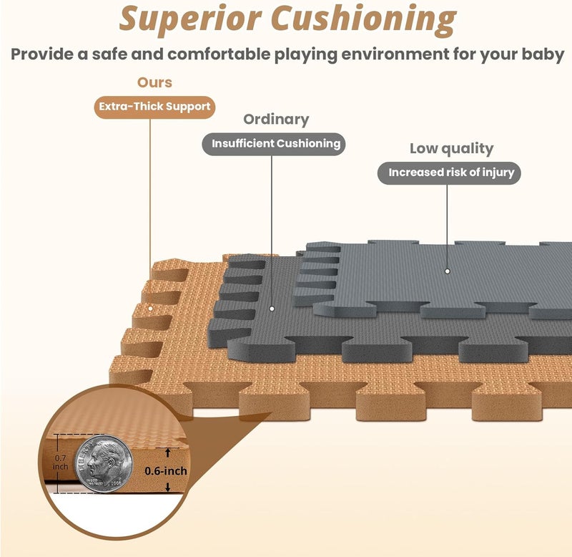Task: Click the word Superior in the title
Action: click(x=190, y=19)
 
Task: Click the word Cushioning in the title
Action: click(x=364, y=21)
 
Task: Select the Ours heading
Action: click(x=154, y=82)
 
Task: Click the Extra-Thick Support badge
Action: click(x=154, y=107)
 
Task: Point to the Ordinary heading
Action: click(x=276, y=120)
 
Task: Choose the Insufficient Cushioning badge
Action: click(x=274, y=144)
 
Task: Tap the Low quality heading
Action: click(x=452, y=149)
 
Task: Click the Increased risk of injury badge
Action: click(x=449, y=173)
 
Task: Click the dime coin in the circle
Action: click(x=104, y=464)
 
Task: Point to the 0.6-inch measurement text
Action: click(x=166, y=471)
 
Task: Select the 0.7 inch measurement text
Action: click(x=61, y=462)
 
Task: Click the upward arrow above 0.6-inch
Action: click(x=168, y=453)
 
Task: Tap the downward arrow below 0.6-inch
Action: click(x=168, y=487)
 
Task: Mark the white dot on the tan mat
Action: click(x=150, y=309)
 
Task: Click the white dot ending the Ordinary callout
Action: click(x=272, y=309)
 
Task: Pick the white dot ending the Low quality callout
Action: click(x=448, y=271)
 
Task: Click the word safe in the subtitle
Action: click(x=109, y=54)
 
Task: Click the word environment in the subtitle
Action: click(x=395, y=54)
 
